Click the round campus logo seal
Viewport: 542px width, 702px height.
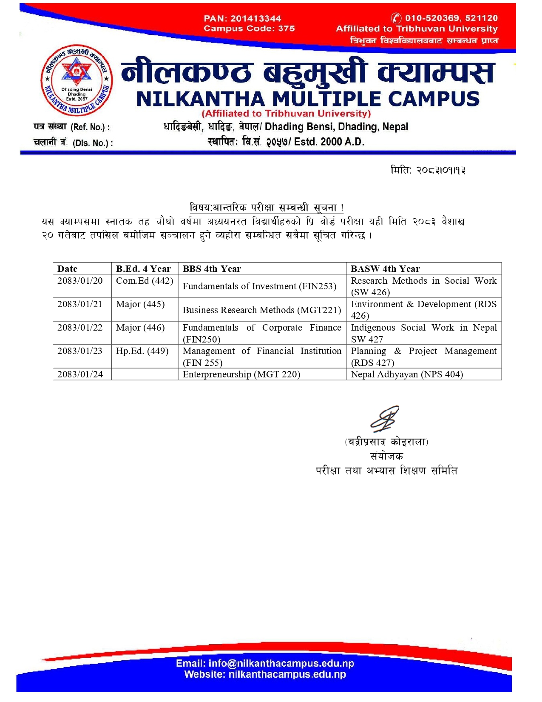point(77,80)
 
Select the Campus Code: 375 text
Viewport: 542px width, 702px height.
point(249,29)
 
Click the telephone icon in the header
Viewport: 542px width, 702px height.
point(396,18)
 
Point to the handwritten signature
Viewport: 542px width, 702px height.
point(385,419)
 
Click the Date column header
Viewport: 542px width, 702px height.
point(68,269)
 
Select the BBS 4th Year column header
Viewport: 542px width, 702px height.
point(212,269)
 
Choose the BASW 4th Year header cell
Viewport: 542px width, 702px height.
point(385,269)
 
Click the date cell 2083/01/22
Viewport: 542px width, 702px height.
point(80,328)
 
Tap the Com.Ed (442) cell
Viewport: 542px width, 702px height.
point(145,281)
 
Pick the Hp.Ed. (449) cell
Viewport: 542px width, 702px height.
point(142,351)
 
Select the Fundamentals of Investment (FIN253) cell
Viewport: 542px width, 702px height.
point(259,286)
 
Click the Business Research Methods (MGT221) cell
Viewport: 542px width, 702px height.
point(261,310)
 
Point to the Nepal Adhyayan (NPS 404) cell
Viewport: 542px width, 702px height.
point(407,374)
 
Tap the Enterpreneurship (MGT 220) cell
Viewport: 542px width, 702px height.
point(241,374)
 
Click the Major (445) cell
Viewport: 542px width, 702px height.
point(140,304)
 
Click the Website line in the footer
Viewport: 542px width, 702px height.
point(265,674)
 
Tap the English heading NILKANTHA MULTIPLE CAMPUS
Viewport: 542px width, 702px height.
point(308,99)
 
